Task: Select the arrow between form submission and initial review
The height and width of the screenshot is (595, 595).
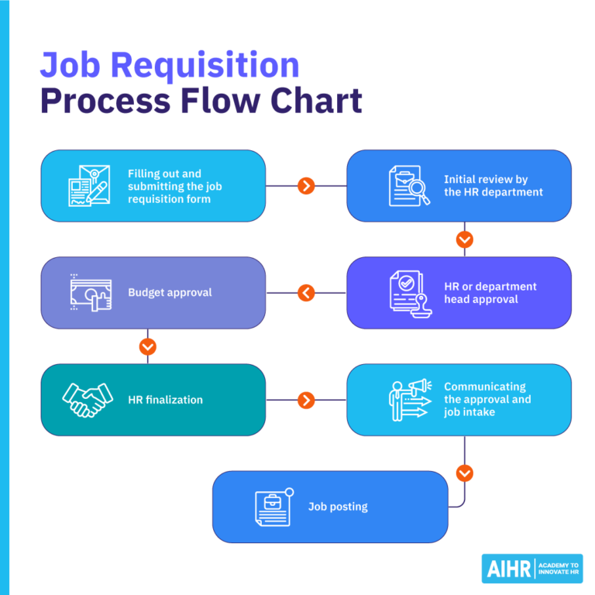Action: point(306,186)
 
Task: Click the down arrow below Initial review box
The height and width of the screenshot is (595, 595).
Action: point(464,239)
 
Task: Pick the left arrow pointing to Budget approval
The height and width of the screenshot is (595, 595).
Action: point(306,293)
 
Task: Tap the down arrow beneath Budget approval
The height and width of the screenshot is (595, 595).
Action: point(148,346)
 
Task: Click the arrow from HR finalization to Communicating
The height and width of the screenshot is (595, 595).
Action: point(306,400)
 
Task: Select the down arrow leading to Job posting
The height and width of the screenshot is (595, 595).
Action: point(464,473)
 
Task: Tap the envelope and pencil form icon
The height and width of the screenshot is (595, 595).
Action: point(88,186)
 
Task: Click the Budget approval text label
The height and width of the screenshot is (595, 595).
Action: point(170,293)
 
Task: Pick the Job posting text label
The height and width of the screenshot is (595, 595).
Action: point(338,507)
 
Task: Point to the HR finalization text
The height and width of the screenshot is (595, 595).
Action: point(165,400)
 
